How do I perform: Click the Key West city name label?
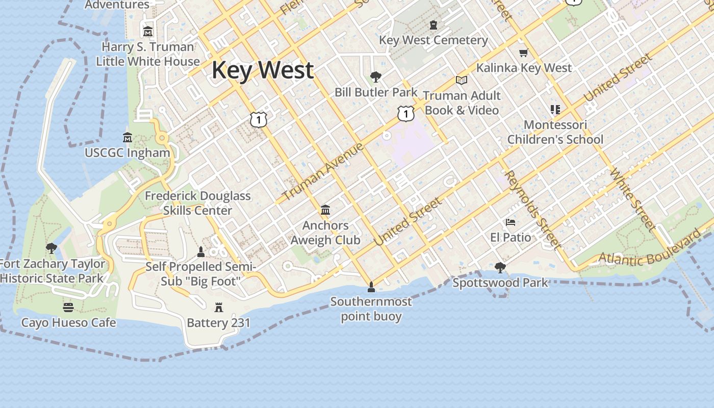coord(262,70)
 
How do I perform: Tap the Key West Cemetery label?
coord(433,40)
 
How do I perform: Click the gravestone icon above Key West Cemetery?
coord(433,25)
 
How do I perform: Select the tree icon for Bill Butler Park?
coord(376,77)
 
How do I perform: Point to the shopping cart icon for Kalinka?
coord(523,53)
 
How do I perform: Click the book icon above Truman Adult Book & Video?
coord(462,80)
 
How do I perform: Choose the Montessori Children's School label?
coord(555,132)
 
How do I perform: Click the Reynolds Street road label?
coord(532,209)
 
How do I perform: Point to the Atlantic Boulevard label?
coord(649,250)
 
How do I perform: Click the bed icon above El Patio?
coord(510,222)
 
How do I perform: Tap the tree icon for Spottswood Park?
coord(500,267)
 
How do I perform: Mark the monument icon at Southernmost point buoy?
coord(371,287)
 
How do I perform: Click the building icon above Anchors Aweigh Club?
coord(325,210)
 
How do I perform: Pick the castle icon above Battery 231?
coord(219,307)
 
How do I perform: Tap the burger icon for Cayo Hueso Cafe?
coord(68,307)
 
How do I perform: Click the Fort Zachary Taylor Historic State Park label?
coord(52,271)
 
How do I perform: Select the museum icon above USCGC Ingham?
coord(127,137)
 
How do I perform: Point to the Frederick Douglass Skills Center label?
coord(198,203)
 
